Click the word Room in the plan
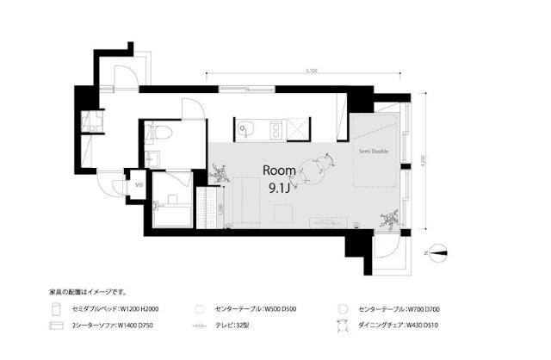pos(279,170)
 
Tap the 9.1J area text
pos(279,188)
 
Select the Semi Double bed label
pos(374,152)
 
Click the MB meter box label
pos(139,183)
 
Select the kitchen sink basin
pos(247,129)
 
